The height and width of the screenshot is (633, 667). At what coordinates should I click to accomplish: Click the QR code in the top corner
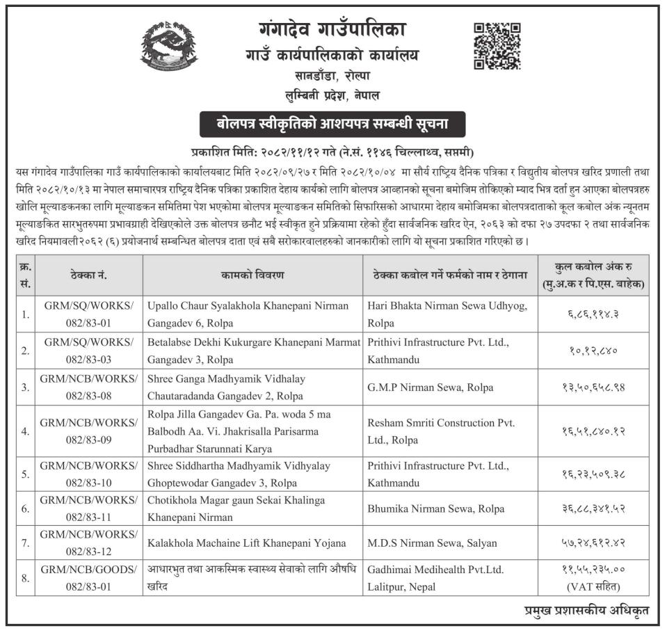(497, 45)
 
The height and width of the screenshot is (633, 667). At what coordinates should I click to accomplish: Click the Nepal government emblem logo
(169, 47)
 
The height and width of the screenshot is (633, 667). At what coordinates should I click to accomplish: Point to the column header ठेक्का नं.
(88, 275)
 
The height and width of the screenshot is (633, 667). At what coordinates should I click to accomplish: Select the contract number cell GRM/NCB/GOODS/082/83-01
(88, 578)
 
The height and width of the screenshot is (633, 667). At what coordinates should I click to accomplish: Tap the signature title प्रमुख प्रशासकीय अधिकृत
(587, 611)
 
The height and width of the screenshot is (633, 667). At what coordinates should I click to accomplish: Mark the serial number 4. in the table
(26, 431)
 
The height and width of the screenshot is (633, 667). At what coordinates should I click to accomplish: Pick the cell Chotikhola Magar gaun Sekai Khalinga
(236, 501)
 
